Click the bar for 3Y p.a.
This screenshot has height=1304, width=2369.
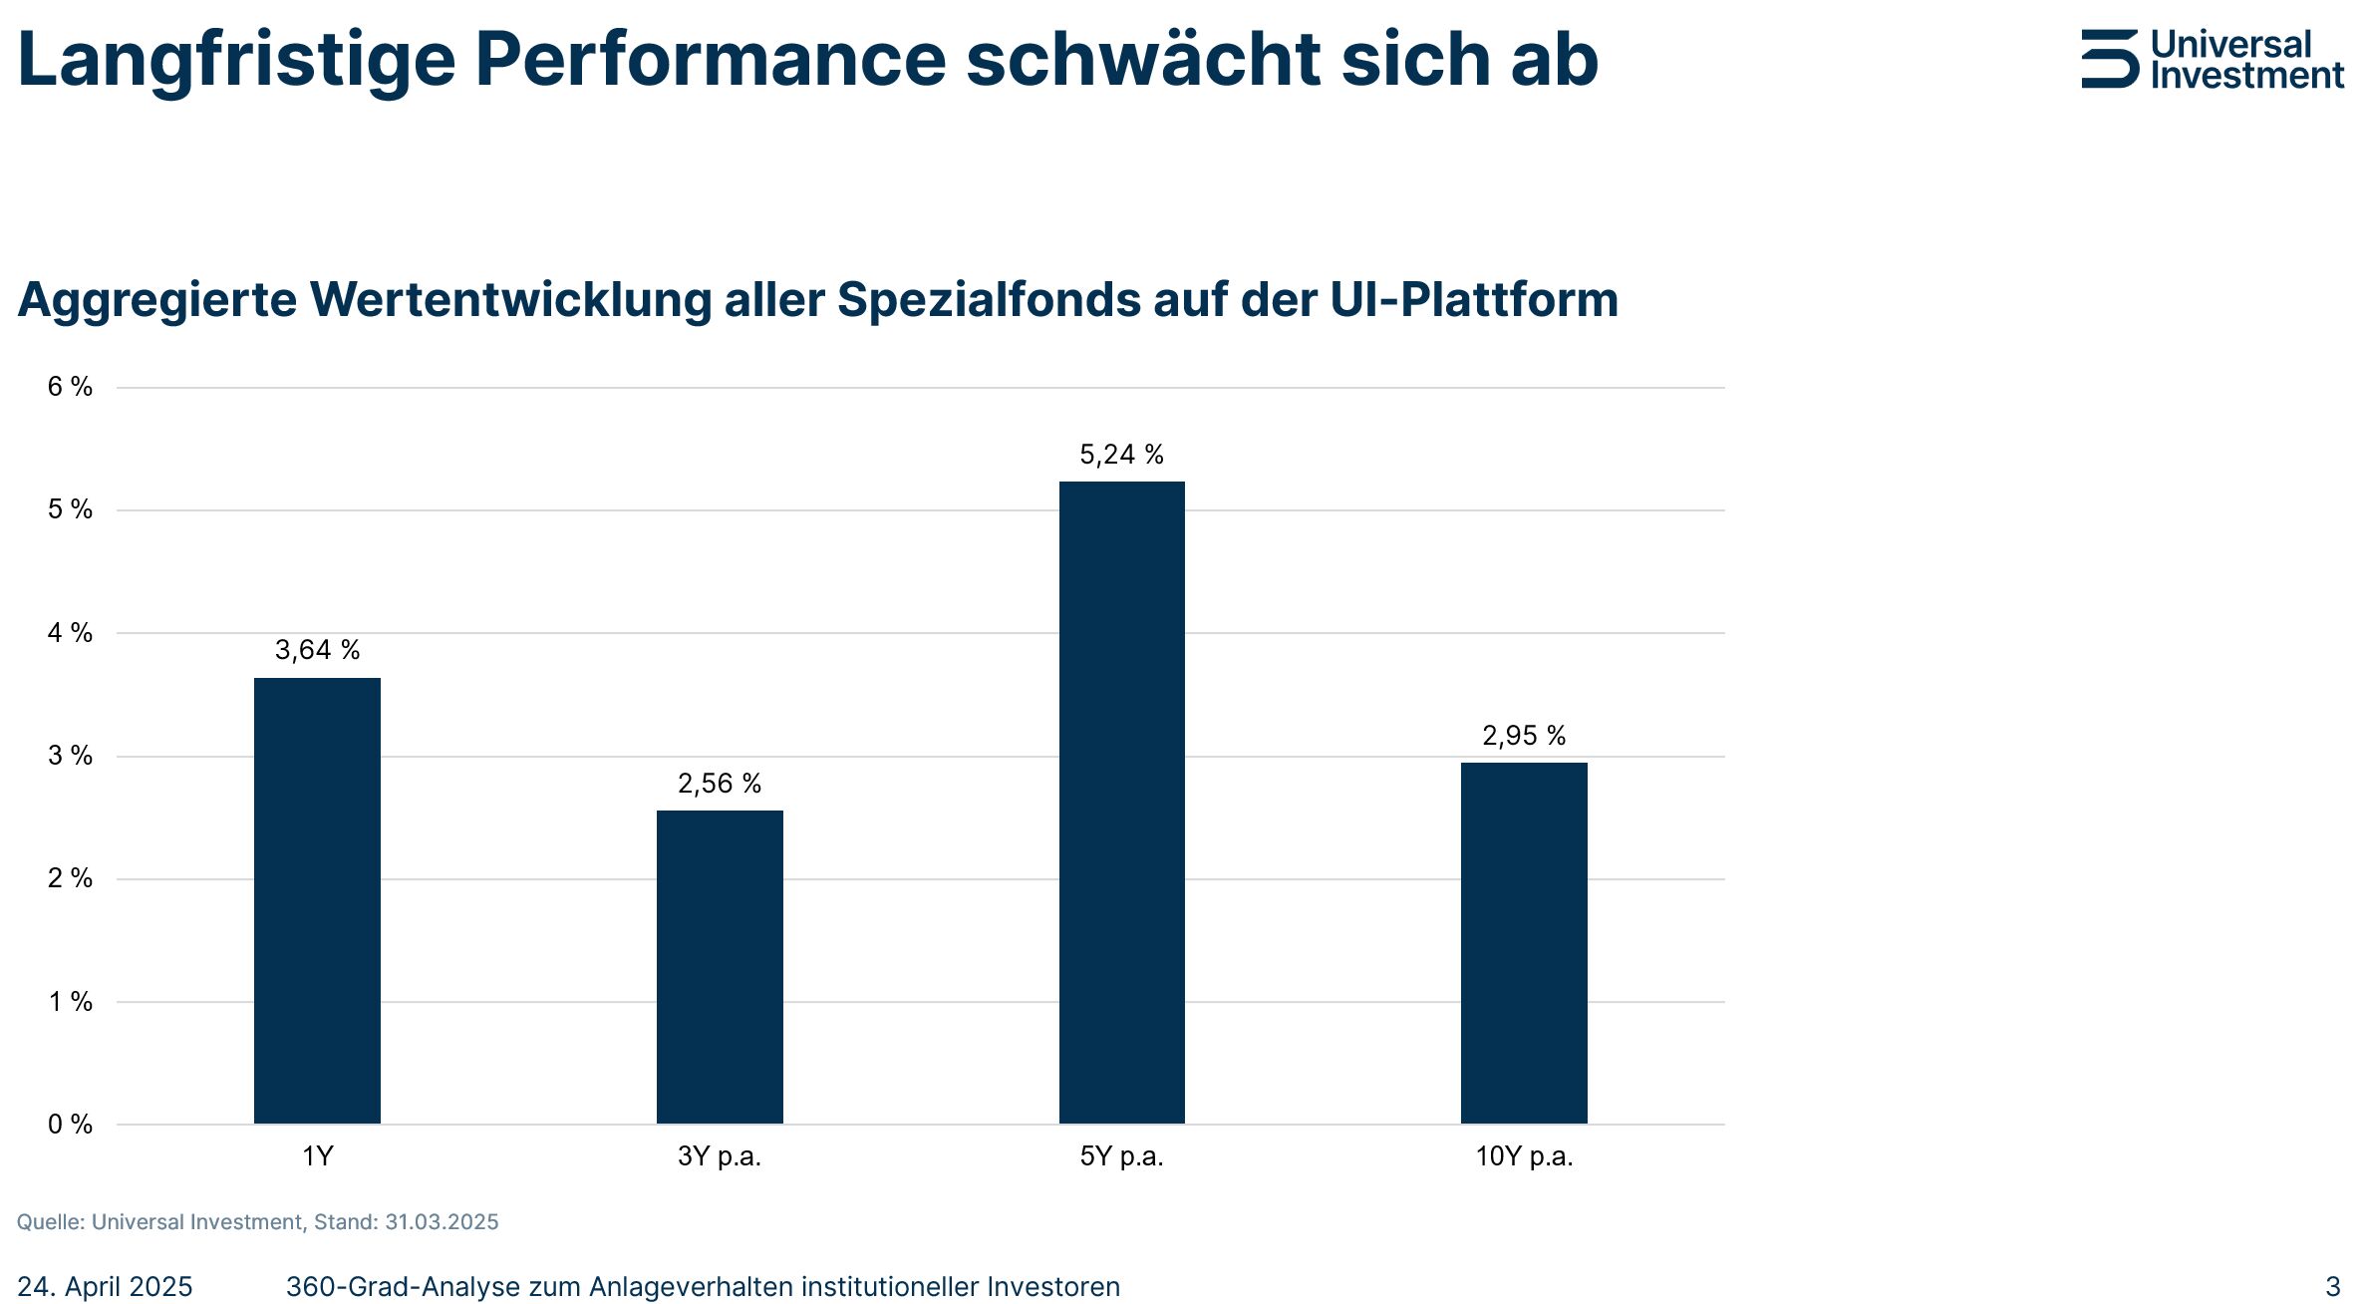pyautogui.click(x=720, y=966)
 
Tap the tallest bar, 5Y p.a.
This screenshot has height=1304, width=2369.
pyautogui.click(x=1121, y=803)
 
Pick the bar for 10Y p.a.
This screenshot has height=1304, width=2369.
pyautogui.click(x=1524, y=942)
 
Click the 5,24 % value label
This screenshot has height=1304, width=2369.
pyautogui.click(x=1121, y=455)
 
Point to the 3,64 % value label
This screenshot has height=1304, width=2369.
pyautogui.click(x=317, y=650)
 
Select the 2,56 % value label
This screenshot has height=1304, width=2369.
pyautogui.click(x=720, y=784)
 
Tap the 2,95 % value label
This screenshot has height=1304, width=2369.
pyautogui.click(x=1524, y=736)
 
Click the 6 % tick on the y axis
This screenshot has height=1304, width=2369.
pyautogui.click(x=70, y=387)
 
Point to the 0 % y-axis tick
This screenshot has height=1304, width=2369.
pyautogui.click(x=70, y=1125)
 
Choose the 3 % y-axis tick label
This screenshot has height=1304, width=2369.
pyautogui.click(x=70, y=756)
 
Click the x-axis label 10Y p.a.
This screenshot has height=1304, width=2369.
pyautogui.click(x=1524, y=1156)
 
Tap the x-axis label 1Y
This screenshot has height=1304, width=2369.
pyautogui.click(x=317, y=1156)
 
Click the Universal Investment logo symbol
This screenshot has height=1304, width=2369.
pyautogui.click(x=2109, y=59)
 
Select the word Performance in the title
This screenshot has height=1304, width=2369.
pyautogui.click(x=710, y=60)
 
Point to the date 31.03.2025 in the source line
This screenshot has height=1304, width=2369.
pyautogui.click(x=442, y=1222)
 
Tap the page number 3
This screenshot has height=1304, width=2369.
pyautogui.click(x=2332, y=1286)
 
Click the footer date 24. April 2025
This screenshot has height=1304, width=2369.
pyautogui.click(x=105, y=1287)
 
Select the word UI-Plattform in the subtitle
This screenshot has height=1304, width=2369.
pyautogui.click(x=1474, y=300)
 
